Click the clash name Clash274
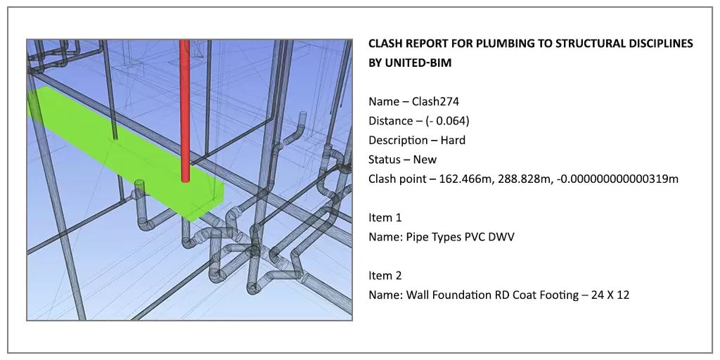435,102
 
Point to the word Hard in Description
453,141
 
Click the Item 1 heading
385,218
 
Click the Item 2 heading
385,276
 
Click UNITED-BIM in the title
418,63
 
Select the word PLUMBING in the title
502,44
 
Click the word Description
398,141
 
